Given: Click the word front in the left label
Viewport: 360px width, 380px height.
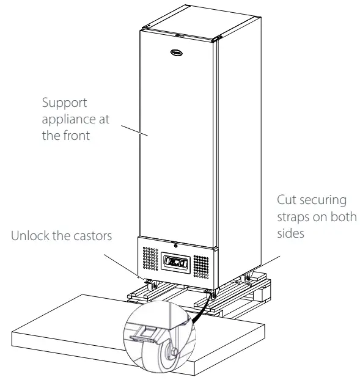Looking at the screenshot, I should coord(76,136).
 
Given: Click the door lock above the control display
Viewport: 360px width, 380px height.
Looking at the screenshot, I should coord(175,246).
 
